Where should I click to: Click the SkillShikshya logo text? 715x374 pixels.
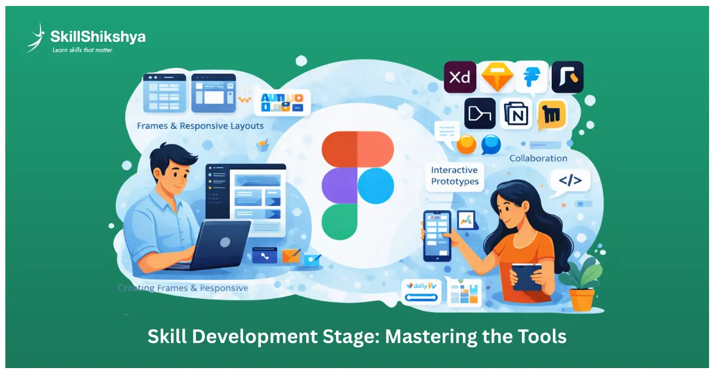coord(98,36)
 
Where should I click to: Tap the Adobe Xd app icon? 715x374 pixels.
coord(459,77)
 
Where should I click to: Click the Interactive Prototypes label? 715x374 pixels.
coord(454,176)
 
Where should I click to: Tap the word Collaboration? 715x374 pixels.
coord(538,158)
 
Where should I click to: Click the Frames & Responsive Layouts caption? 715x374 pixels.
coord(200,126)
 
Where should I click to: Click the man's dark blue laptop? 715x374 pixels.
coord(217,244)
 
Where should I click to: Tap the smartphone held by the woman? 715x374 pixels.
coord(437,235)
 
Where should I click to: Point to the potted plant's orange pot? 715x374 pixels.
coord(582,299)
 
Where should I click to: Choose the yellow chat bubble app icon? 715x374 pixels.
coord(551,114)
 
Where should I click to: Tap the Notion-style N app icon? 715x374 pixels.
coord(517,113)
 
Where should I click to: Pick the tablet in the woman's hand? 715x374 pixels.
coord(526,276)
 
